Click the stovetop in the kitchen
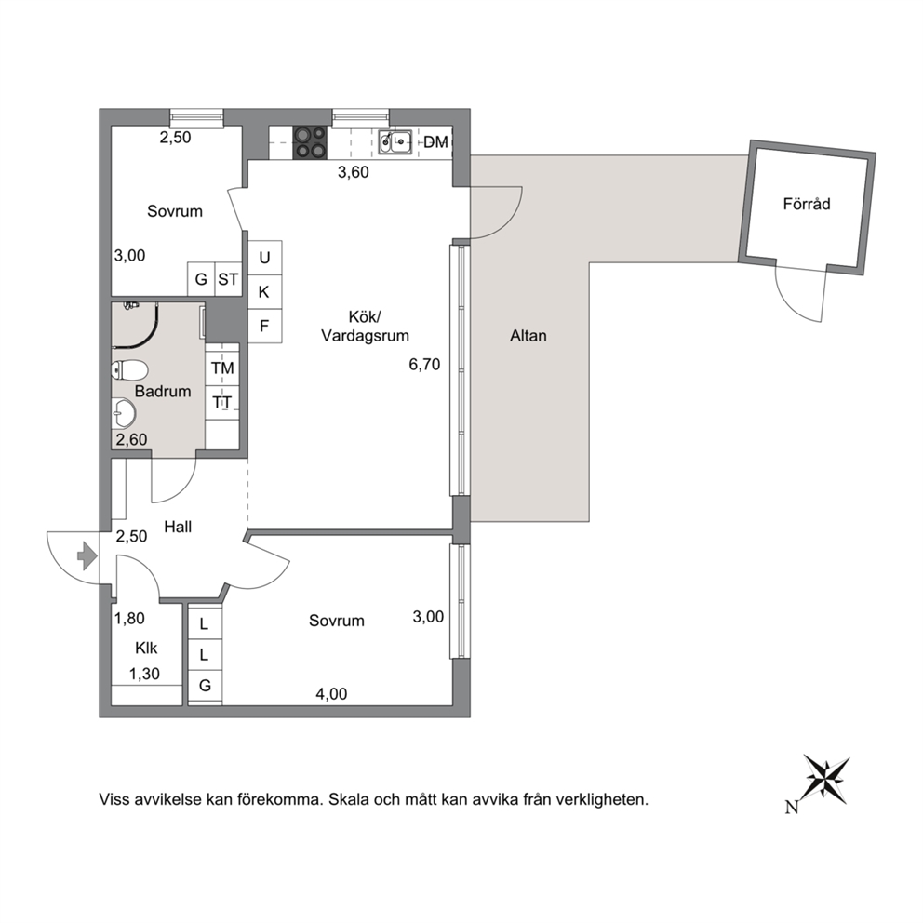click(x=310, y=143)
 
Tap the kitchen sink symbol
click(x=395, y=141)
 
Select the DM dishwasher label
click(x=435, y=141)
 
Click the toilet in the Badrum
click(x=129, y=370)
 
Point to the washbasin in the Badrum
click(x=124, y=413)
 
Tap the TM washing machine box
click(x=222, y=368)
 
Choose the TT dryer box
click(x=222, y=403)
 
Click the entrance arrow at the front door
click(x=87, y=555)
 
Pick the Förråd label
click(x=807, y=205)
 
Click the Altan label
click(x=528, y=336)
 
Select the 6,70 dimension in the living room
click(x=424, y=365)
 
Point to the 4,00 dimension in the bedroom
click(x=331, y=694)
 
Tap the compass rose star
click(x=826, y=780)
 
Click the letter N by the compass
click(x=792, y=807)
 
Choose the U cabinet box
click(x=264, y=257)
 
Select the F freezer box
click(x=264, y=326)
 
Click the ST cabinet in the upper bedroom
click(x=228, y=279)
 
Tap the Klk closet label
click(x=146, y=649)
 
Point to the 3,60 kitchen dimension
click(x=354, y=172)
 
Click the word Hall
click(x=178, y=527)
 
